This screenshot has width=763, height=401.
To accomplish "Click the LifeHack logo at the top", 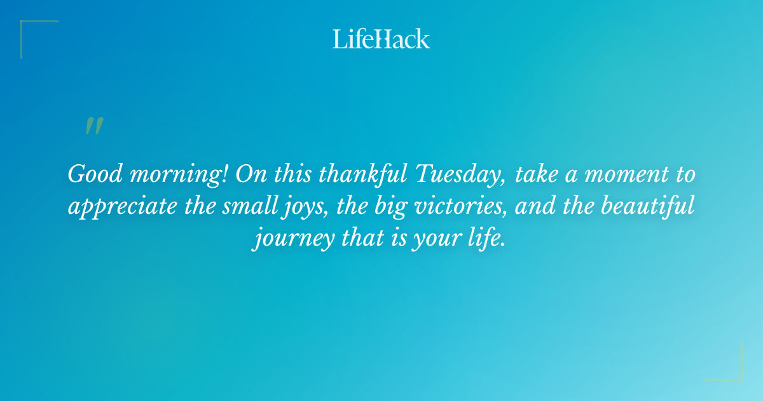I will pyautogui.click(x=381, y=39).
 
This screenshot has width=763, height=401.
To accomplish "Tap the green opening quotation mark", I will pyautogui.click(x=94, y=126).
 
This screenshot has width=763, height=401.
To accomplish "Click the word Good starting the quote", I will pyautogui.click(x=91, y=174).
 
